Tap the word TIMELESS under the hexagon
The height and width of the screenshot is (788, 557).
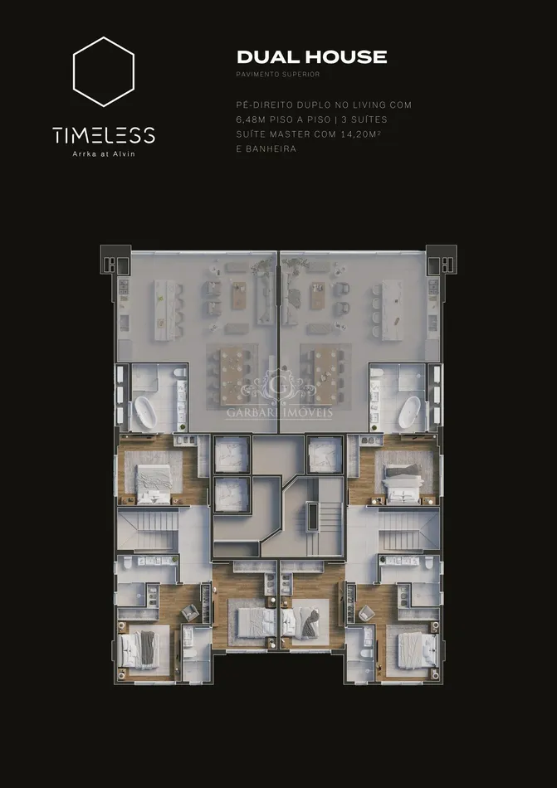pyautogui.click(x=104, y=135)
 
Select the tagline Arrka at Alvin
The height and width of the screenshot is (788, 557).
pyautogui.click(x=104, y=153)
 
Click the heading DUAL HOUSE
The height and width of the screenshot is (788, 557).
pyautogui.click(x=311, y=56)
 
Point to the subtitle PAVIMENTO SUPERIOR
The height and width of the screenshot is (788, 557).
pyautogui.click(x=278, y=75)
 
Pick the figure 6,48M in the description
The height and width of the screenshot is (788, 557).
pyautogui.click(x=251, y=119)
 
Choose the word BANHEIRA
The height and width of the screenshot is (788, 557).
pyautogui.click(x=271, y=148)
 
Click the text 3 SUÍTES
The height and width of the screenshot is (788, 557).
pyautogui.click(x=364, y=119)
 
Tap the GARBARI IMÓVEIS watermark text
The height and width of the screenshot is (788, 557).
pyautogui.click(x=279, y=413)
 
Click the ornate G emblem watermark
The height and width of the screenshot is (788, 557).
pyautogui.click(x=279, y=387)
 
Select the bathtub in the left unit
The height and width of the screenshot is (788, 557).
pyautogui.click(x=144, y=412)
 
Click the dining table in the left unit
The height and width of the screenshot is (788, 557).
pyautogui.click(x=232, y=376)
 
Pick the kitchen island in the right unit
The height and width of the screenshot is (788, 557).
pyautogui.click(x=392, y=310)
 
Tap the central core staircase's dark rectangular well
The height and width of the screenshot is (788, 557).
pyautogui.click(x=312, y=517)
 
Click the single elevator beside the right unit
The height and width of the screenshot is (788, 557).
pyautogui.click(x=325, y=455)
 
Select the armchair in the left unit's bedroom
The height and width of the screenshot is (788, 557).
pyautogui.click(x=189, y=612)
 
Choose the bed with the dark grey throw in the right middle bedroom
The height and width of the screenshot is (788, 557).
pyautogui.click(x=305, y=621)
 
